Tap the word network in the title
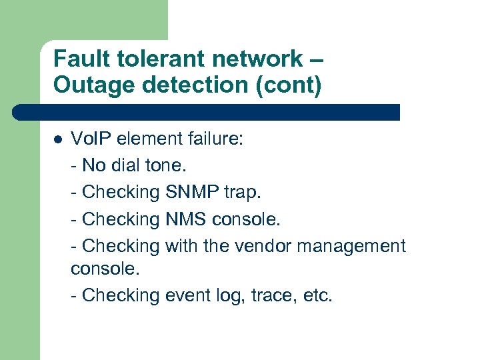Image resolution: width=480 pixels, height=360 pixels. [245, 59]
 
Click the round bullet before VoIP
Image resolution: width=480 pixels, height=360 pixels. [58, 139]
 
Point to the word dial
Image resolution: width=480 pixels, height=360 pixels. [127, 165]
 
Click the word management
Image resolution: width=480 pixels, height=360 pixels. [351, 247]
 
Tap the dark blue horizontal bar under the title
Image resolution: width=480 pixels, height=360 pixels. [207, 112]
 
